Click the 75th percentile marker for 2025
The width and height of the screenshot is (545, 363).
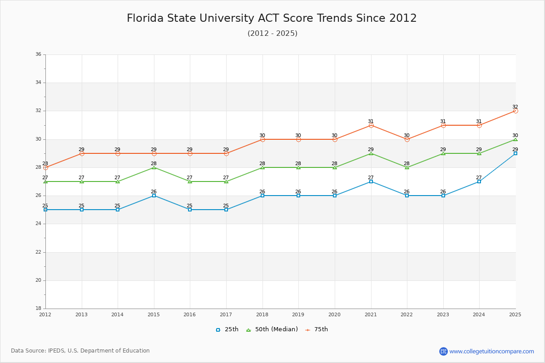515,111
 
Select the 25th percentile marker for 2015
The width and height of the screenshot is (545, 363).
154,196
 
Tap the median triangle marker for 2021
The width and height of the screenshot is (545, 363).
371,153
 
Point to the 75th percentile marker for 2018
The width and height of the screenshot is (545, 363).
263,139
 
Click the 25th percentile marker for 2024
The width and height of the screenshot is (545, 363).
479,181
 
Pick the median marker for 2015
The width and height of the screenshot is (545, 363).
154,167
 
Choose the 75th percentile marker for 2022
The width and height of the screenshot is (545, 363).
407,139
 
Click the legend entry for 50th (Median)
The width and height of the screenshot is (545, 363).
272,329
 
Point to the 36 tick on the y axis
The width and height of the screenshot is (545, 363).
39,54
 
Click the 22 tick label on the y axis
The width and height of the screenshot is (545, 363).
39,252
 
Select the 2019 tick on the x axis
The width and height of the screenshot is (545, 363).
298,314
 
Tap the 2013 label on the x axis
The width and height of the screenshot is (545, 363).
82,314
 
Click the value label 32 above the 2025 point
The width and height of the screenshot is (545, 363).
515,107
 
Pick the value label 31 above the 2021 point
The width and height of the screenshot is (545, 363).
371,121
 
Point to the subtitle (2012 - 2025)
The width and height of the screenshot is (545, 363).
272,34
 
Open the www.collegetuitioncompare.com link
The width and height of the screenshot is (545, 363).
491,351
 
